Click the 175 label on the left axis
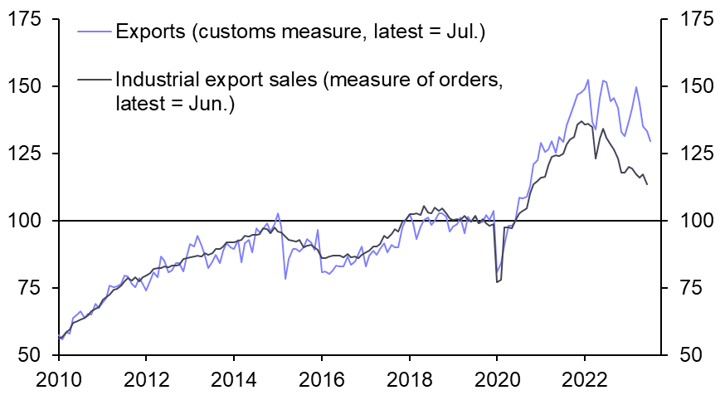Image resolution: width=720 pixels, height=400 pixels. [27, 19]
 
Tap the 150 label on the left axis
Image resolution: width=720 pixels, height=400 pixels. [27, 86]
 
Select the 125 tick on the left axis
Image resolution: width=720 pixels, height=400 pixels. [27, 154]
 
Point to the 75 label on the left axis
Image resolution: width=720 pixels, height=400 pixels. [32, 288]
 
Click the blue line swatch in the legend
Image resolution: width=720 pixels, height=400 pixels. [94, 33]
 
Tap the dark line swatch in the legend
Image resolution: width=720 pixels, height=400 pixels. [94, 80]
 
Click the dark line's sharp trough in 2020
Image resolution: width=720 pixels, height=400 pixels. [497, 282]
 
